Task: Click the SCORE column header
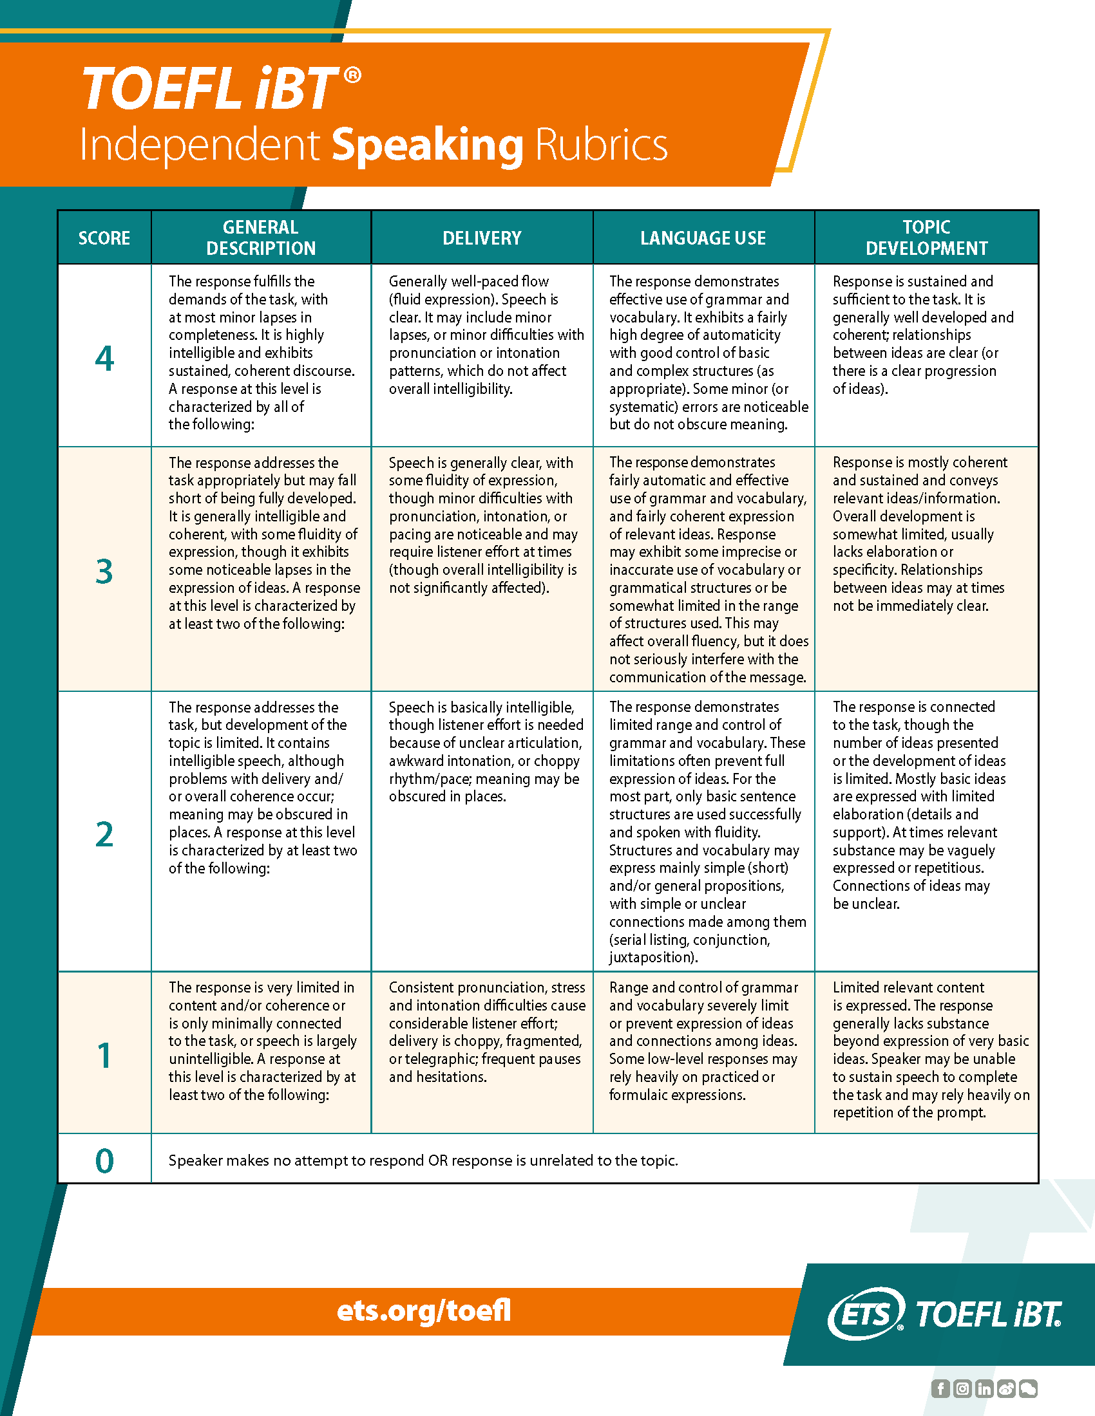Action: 104,238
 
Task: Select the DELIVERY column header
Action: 481,238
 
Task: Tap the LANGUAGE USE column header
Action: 703,238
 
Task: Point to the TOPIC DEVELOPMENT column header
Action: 926,238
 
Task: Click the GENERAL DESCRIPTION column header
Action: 261,238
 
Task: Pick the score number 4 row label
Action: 104,359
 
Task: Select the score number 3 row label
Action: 104,571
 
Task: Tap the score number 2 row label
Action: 104,834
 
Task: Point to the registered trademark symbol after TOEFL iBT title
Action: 352,76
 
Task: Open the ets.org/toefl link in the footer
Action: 424,1310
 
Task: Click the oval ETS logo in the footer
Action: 866,1314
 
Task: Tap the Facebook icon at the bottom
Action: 940,1388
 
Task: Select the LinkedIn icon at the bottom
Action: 984,1388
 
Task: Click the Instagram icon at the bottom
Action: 963,1388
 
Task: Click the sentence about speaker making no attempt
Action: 423,1160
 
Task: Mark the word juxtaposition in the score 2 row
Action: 651,957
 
